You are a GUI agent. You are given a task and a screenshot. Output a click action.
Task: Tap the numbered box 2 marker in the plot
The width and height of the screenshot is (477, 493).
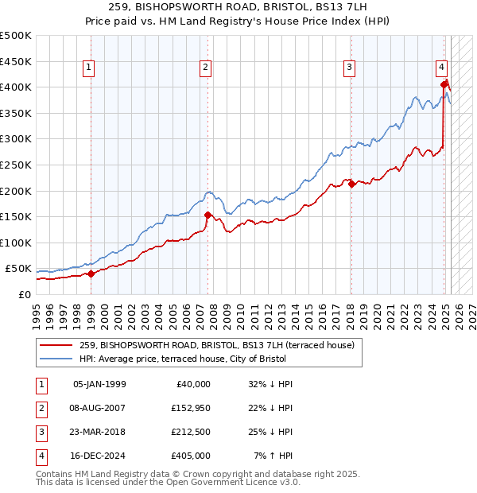[x=205, y=68]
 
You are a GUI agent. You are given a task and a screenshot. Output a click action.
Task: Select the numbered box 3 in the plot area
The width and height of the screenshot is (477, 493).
[x=349, y=68]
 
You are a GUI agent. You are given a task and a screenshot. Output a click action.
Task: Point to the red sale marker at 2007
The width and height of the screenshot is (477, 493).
[x=207, y=215]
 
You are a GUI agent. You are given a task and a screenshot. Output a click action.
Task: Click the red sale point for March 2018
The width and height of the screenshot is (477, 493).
[x=351, y=184]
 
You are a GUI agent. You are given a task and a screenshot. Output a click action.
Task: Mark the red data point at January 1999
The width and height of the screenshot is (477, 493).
[x=91, y=274]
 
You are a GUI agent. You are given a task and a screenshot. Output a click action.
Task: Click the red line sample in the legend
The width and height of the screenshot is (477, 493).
[x=57, y=344]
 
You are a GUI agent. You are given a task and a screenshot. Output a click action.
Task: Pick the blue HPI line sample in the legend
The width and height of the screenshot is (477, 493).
[x=57, y=359]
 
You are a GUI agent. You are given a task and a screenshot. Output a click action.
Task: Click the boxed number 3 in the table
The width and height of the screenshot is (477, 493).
[x=39, y=432]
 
